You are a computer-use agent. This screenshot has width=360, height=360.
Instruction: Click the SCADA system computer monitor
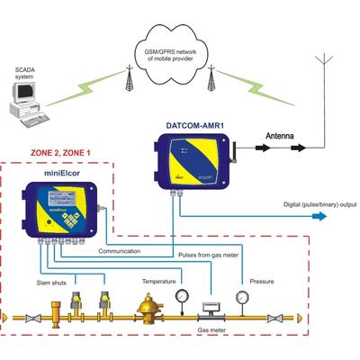23,92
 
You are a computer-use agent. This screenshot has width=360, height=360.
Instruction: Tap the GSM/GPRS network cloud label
170,55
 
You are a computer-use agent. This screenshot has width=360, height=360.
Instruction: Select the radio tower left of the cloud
130,77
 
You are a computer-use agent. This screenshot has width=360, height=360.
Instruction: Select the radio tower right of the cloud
211,77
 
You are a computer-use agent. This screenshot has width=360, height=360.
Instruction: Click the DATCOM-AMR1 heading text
195,125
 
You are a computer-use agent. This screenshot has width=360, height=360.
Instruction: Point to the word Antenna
280,136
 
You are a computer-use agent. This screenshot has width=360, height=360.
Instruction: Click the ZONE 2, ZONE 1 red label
60,153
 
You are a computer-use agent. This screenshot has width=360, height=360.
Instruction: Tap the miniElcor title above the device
62,173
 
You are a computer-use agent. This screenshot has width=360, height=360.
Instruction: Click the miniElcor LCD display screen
61,197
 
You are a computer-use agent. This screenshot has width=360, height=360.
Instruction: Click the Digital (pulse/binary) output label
320,204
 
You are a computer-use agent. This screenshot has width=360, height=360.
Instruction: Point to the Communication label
120,251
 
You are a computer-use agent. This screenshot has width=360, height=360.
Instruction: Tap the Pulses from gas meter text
208,256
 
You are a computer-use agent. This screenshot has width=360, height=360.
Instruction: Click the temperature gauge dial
182,296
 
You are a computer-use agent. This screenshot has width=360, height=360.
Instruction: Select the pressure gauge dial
242,297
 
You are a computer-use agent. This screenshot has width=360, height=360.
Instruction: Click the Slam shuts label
51,283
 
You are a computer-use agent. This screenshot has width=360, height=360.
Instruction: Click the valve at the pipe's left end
32,318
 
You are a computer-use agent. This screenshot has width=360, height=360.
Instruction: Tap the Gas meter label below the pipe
211,330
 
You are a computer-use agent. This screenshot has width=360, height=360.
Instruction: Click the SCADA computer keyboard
34,120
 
